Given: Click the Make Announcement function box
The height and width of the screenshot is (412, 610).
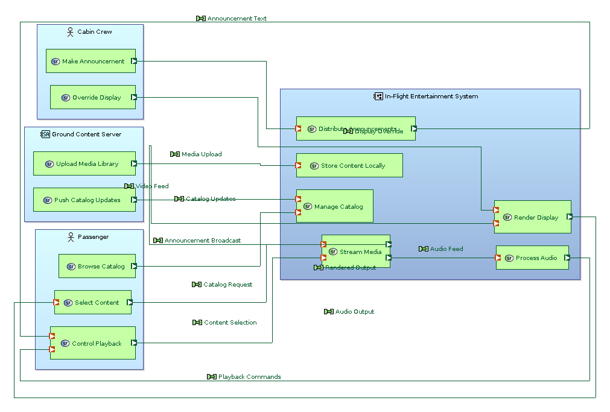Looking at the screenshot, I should pos(91,61).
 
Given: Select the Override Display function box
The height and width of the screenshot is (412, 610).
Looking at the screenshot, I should pos(92,97).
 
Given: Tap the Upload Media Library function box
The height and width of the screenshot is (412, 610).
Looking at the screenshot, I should pos(84,163).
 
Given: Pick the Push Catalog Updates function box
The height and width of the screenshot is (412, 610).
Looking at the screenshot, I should pos(84,200).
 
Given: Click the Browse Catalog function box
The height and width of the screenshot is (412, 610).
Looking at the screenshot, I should pos(97,266).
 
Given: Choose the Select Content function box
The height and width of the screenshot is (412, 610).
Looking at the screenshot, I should pos(93,302).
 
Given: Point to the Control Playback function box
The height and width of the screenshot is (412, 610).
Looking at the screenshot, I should pos(92,343).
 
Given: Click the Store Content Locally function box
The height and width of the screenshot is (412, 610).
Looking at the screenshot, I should pos(349,165).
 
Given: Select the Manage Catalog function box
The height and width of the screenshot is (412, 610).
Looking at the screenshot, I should pos(334,206).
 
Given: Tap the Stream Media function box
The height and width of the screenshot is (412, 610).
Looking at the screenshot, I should pos(355,252).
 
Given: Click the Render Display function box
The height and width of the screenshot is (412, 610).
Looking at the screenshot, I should pos(532,217).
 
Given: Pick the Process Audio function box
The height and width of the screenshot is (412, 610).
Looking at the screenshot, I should pos(532,258).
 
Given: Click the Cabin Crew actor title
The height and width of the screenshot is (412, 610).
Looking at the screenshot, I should pos(94,31).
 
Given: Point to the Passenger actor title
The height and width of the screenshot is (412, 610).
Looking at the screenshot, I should pos(93,237).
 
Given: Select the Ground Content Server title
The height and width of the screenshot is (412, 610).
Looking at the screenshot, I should pos(86,134).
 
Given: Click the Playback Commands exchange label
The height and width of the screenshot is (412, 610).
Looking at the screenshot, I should pos(249,377).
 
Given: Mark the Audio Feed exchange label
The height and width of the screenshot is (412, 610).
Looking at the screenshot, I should pos(446,249).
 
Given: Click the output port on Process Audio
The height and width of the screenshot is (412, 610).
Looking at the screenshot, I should pos(567,258).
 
